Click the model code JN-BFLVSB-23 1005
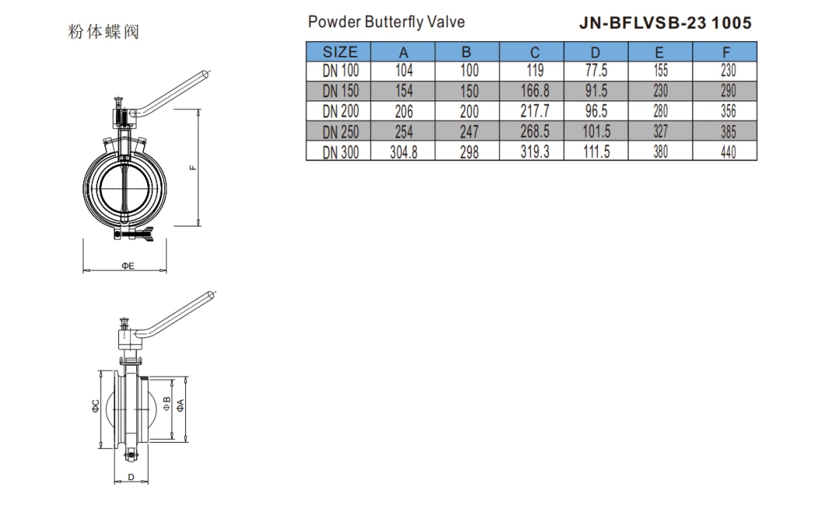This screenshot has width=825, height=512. (665, 23)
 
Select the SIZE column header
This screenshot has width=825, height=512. (340, 53)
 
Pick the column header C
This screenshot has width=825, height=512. (535, 53)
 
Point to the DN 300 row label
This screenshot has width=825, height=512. (341, 153)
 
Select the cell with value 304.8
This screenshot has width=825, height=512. (403, 153)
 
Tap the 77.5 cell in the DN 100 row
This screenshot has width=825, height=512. (596, 71)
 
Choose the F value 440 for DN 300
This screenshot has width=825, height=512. (728, 153)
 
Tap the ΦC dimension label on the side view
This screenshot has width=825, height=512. (95, 405)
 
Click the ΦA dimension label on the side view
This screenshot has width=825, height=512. (180, 405)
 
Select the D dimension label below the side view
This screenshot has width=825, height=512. (131, 476)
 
